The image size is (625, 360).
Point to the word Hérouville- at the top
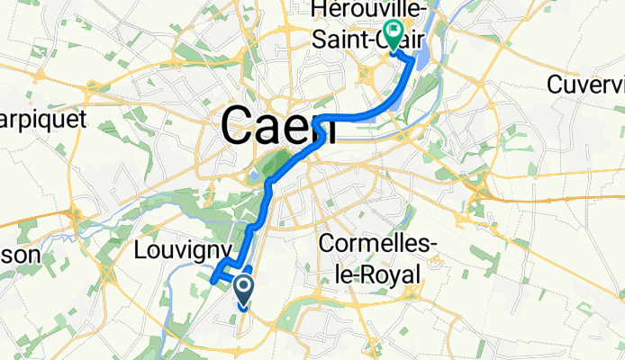pyautogui.click(x=360, y=11)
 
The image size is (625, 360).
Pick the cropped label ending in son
pyautogui.click(x=20, y=255)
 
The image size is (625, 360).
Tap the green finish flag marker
pyautogui.click(x=394, y=33)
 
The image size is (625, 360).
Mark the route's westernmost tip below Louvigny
pyautogui.click(x=212, y=280)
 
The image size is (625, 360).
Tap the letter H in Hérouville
pyautogui.click(x=316, y=11)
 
